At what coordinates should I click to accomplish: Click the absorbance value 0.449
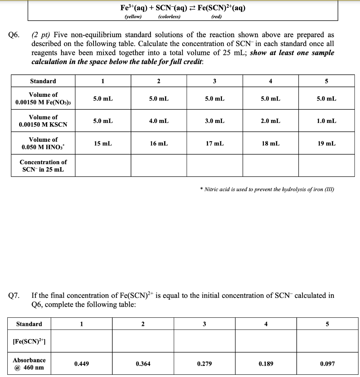(81, 364)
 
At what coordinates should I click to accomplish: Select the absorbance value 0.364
(143, 364)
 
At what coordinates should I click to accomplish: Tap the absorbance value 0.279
(204, 364)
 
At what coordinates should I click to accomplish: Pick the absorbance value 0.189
(266, 364)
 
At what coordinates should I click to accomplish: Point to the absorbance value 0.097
(327, 364)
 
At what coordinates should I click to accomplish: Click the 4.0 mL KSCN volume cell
(159, 121)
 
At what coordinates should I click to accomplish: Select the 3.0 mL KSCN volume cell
(215, 121)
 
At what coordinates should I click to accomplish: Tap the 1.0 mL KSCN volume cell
(326, 121)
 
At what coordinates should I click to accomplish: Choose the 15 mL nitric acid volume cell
(103, 143)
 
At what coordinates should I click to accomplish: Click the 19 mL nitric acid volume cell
(326, 143)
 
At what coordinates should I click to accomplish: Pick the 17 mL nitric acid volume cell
(215, 143)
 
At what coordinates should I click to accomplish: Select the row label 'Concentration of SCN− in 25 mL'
(43, 166)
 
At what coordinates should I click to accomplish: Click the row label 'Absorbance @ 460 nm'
(29, 364)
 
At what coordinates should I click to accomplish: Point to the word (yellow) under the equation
(133, 17)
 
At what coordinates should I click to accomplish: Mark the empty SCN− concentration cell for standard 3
(215, 166)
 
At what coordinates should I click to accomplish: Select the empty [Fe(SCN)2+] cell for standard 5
(327, 341)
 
